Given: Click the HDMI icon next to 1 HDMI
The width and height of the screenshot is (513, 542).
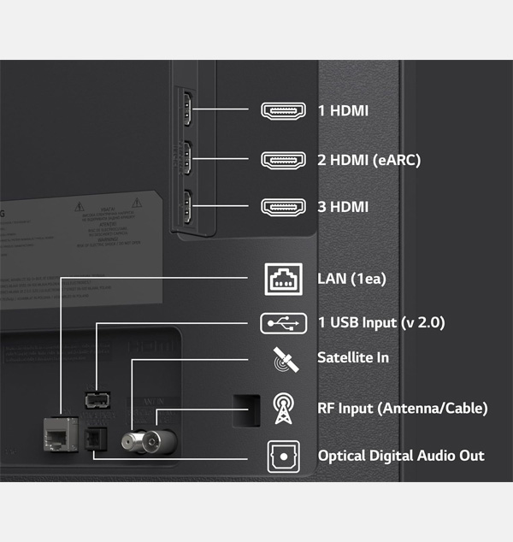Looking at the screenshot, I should pyautogui.click(x=282, y=111).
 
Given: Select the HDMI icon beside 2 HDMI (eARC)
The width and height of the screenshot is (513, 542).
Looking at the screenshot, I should pyautogui.click(x=282, y=159).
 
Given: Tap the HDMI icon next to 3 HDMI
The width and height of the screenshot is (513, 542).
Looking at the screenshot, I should pyautogui.click(x=282, y=206).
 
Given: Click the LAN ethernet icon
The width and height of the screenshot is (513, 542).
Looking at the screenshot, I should pyautogui.click(x=282, y=279).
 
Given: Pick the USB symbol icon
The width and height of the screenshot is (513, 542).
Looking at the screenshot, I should pyautogui.click(x=282, y=322).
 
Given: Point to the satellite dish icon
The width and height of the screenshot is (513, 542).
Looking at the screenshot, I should pyautogui.click(x=282, y=360).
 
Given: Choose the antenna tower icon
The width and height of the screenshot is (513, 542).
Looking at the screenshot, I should pyautogui.click(x=282, y=408).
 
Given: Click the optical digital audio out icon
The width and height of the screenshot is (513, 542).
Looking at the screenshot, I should pyautogui.click(x=282, y=456).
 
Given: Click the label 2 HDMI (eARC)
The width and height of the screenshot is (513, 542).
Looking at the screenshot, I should pyautogui.click(x=369, y=159).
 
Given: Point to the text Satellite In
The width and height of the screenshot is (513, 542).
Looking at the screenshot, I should pyautogui.click(x=353, y=357).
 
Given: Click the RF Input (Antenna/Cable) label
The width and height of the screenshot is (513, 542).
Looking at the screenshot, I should pyautogui.click(x=402, y=407).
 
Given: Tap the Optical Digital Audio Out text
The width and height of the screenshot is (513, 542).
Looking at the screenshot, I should pyautogui.click(x=401, y=456).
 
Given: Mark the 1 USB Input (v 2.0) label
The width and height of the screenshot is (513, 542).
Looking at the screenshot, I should pyautogui.click(x=380, y=322).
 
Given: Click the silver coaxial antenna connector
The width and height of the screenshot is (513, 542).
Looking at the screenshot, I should pyautogui.click(x=141, y=440).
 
